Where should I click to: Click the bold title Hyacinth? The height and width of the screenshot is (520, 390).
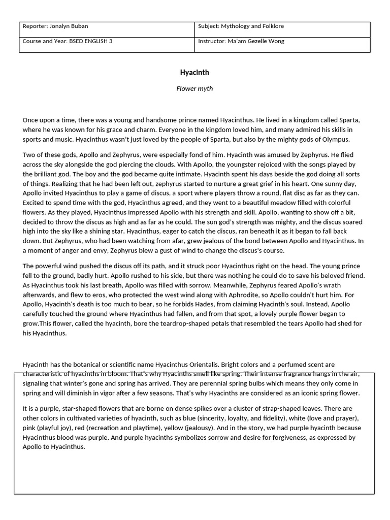pos(194,72)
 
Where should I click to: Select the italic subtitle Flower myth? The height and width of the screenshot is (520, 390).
pos(194,88)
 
